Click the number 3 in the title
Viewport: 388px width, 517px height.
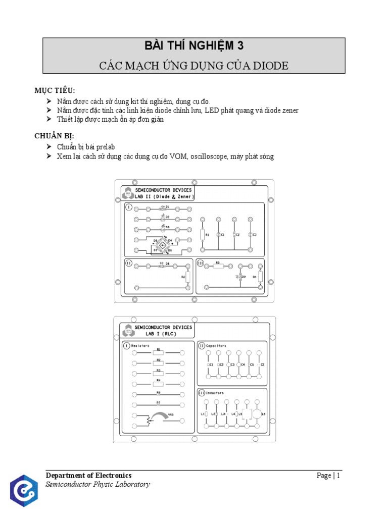pyautogui.click(x=240, y=46)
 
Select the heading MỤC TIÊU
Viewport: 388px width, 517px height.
pyautogui.click(x=55, y=90)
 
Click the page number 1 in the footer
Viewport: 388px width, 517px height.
pyautogui.click(x=338, y=475)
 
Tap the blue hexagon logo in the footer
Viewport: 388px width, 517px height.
pyautogui.click(x=23, y=491)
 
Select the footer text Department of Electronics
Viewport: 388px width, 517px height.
pyautogui.click(x=88, y=475)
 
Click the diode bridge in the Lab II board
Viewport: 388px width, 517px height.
pyautogui.click(x=163, y=245)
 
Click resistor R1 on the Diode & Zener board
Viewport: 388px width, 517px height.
pyautogui.click(x=202, y=235)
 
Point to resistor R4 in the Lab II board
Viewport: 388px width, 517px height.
pyautogui.click(x=260, y=277)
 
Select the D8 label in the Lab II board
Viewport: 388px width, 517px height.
pyautogui.click(x=167, y=264)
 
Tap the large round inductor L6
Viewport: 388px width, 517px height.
pyautogui.click(x=257, y=414)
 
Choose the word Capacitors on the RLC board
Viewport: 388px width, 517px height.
pyautogui.click(x=217, y=345)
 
